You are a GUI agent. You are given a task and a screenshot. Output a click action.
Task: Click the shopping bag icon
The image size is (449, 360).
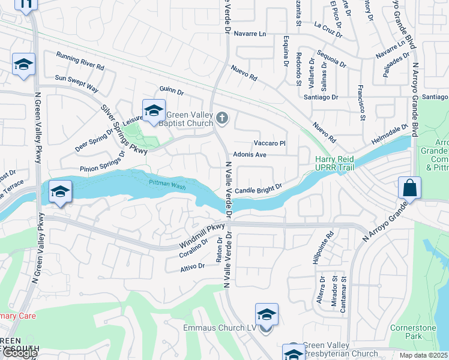[409, 188]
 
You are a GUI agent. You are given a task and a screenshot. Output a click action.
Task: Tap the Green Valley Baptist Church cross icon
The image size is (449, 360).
[223, 118]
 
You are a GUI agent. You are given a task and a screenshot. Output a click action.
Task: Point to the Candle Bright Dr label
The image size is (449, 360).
[258, 190]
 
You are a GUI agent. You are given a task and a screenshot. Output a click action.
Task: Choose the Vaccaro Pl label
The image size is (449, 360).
[269, 143]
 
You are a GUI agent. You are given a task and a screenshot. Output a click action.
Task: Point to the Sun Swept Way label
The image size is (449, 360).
[76, 82]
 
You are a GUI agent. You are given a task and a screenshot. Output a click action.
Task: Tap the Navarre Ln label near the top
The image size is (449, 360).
[250, 34]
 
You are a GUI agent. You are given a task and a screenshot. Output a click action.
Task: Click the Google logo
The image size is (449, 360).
[20, 353]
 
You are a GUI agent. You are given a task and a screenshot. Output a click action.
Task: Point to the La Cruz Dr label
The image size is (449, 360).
[327, 25]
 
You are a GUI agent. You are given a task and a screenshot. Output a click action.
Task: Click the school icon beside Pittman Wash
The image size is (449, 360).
[59, 191]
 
